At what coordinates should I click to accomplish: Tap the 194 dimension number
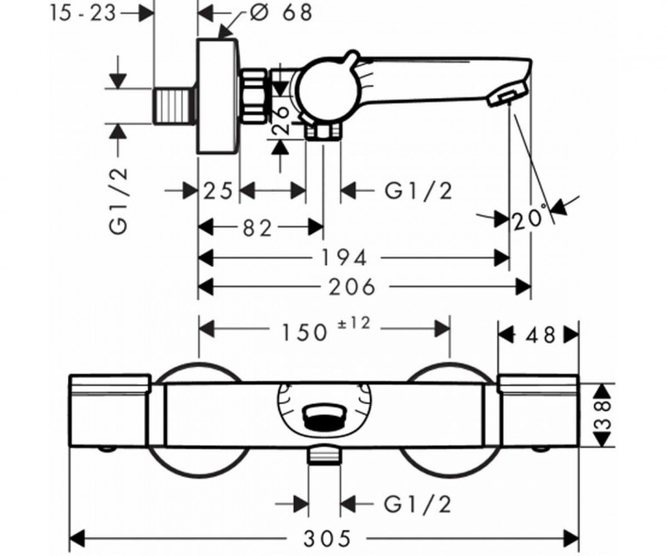[345, 257]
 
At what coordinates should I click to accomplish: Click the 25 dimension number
[219, 190]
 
